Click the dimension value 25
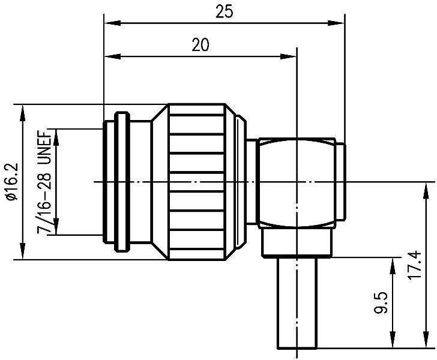(224, 11)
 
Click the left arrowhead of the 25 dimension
(109, 23)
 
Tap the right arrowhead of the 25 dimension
(339, 23)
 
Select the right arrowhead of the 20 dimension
(291, 57)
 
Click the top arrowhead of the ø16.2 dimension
(23, 109)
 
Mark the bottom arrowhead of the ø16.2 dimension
(23, 254)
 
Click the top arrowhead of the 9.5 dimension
(393, 262)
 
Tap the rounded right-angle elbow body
(294, 183)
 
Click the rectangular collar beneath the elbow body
(297, 244)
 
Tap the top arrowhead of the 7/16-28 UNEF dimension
(57, 134)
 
